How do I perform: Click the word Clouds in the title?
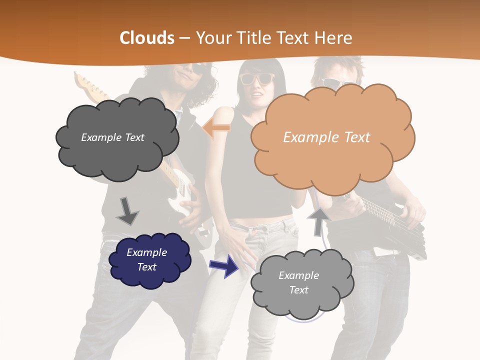(147, 38)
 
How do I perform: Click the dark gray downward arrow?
(127, 210)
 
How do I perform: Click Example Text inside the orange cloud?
(326, 137)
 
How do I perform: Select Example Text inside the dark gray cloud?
(112, 137)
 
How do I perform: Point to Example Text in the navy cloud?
(146, 259)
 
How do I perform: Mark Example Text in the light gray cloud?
(298, 282)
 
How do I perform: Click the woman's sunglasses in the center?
(257, 78)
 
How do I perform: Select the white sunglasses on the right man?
(332, 82)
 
